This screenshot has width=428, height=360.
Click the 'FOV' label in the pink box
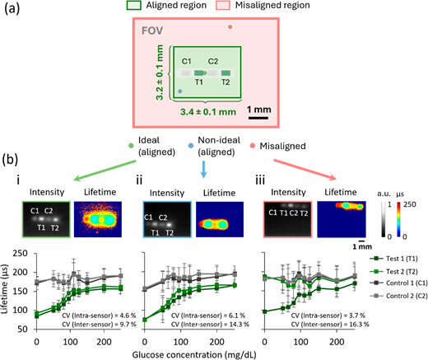coord(152,30)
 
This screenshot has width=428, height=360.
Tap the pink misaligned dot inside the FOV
coord(230,27)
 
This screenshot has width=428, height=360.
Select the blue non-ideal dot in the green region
coord(180,91)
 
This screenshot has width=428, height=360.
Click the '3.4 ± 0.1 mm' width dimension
coord(208,112)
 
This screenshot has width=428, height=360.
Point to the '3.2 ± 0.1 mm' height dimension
coord(159,72)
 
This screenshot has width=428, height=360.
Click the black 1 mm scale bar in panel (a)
coord(258,118)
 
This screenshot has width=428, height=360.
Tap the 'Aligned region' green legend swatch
coord(133,5)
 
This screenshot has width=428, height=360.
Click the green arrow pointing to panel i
coord(105,171)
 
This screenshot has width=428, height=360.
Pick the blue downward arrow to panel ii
coord(203,170)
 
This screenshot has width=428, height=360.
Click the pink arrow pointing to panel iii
coord(305,170)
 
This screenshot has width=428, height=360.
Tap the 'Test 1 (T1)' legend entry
coord(393,259)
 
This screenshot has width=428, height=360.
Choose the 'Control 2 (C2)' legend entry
coord(398,296)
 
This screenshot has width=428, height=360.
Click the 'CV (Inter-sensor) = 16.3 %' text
coord(330,325)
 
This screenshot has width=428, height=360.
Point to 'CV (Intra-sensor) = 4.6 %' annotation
coord(99,316)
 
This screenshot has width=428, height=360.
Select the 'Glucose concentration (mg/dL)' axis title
coord(194,355)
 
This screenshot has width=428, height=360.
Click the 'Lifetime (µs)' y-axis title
coord(5,289)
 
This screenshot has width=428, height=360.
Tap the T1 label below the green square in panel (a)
coord(199,82)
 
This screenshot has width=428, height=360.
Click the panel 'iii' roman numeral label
coord(260,180)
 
